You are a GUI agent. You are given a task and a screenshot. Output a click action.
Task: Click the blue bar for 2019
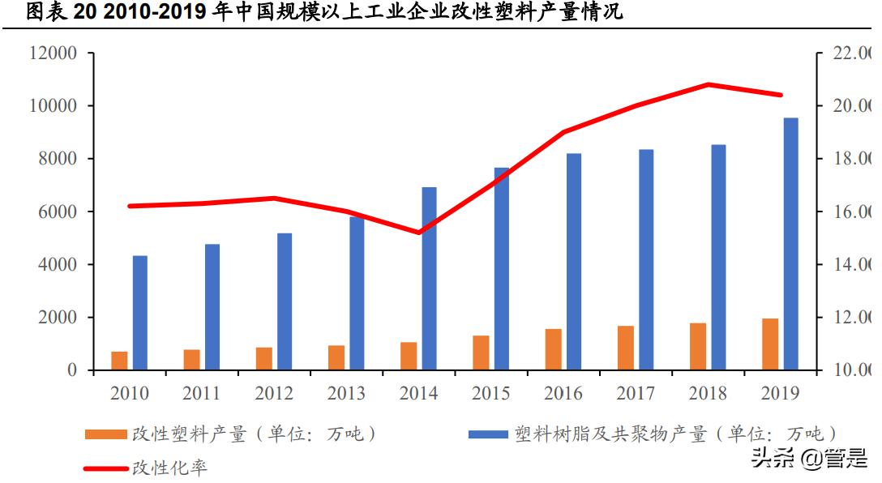(x=790, y=244)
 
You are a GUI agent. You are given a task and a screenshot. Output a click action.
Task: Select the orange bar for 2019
(x=769, y=344)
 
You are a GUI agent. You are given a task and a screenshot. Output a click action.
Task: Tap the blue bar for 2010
(x=140, y=313)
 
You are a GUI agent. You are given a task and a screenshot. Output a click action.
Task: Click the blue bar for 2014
(x=429, y=279)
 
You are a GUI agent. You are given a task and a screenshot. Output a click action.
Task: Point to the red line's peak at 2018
(x=708, y=84)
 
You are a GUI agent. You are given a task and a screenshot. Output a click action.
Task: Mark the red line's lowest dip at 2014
(x=419, y=233)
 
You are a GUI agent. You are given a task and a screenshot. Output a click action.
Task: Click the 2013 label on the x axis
(x=346, y=394)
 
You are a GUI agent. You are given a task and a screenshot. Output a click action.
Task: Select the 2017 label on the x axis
(x=635, y=394)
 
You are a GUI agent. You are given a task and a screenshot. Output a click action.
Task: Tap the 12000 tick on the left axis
(x=53, y=53)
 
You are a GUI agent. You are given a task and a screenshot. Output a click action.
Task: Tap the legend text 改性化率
(x=169, y=468)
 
